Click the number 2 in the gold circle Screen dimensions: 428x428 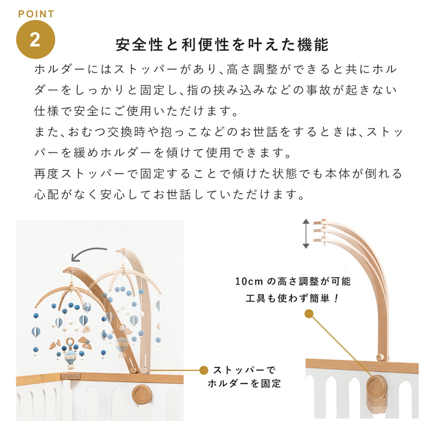click(x=35, y=39)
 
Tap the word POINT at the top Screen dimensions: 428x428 click(x=36, y=14)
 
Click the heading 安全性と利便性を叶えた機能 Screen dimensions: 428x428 click(x=222, y=45)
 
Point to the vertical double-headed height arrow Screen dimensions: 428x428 click(x=305, y=234)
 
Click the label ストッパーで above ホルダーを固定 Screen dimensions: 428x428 click(x=244, y=370)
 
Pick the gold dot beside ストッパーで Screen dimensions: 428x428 click(x=205, y=369)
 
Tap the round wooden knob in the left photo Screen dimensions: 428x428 click(x=141, y=392)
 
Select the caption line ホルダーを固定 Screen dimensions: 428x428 click(x=244, y=383)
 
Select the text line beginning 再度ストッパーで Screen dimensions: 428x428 click(x=218, y=174)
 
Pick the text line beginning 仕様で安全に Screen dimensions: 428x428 click(x=136, y=112)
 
